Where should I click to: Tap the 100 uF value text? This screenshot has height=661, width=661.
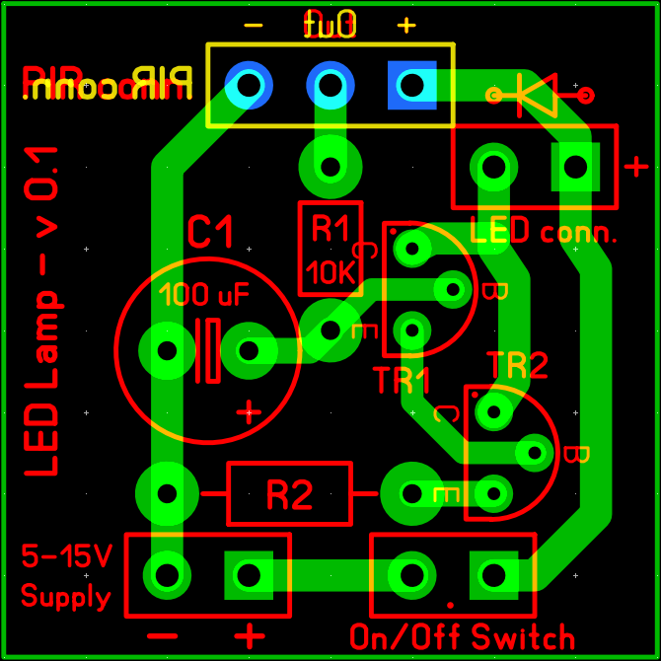click(205, 294)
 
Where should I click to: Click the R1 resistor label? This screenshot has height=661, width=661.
click(330, 230)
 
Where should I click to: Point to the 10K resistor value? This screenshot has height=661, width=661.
click(330, 271)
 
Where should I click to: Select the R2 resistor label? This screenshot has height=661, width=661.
click(289, 494)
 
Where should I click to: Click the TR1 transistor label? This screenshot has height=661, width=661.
click(403, 379)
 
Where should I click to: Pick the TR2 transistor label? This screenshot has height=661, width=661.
click(516, 367)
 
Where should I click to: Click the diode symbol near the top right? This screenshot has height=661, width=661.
click(539, 95)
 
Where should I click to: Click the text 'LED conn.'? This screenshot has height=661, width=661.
click(544, 234)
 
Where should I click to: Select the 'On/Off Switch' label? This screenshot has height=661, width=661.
click(462, 636)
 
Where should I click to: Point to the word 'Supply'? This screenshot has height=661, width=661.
click(65, 596)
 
